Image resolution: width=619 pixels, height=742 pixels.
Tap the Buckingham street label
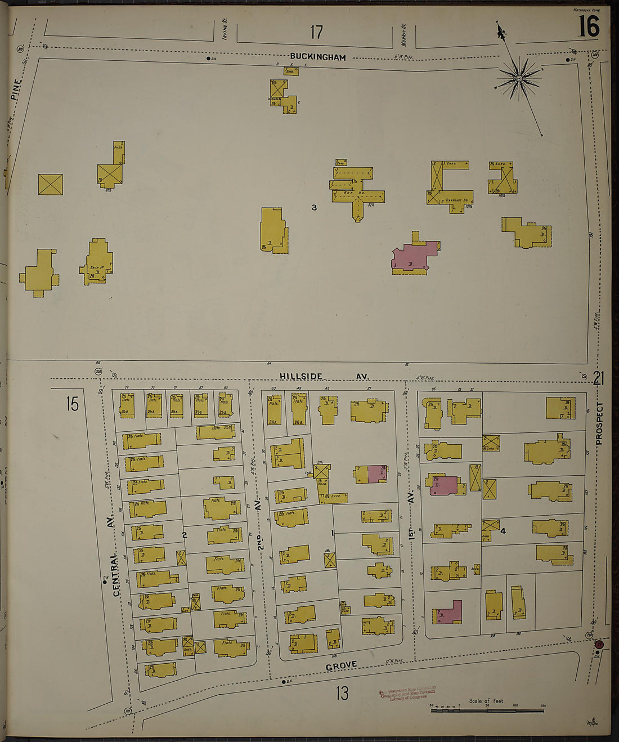pyautogui.click(x=318, y=57)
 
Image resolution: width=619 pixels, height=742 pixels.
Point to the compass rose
pyautogui.click(x=519, y=79)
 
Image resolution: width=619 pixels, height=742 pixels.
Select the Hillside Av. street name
pyautogui.click(x=325, y=377)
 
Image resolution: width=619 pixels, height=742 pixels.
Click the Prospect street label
pyautogui.click(x=599, y=423)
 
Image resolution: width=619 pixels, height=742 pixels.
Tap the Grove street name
pyautogui.click(x=341, y=665)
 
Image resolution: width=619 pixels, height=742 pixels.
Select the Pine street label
pyautogui.click(x=16, y=89)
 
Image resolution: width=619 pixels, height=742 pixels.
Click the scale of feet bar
pyautogui.click(x=487, y=711)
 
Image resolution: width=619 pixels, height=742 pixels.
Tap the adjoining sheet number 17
pyautogui.click(x=316, y=32)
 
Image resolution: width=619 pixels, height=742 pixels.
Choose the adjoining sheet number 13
pyautogui.click(x=342, y=693)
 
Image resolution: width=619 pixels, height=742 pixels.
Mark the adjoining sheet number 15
pyautogui.click(x=72, y=404)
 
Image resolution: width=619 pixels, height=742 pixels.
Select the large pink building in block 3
pyautogui.click(x=415, y=257)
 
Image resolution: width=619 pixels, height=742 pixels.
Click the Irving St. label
pyautogui.click(x=224, y=29)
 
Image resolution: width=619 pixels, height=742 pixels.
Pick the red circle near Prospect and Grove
pyautogui.click(x=599, y=644)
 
